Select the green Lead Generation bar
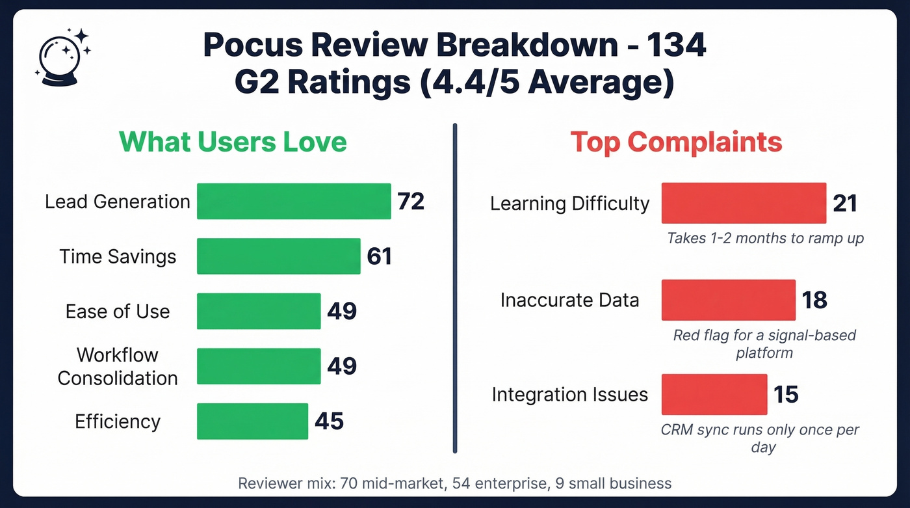point(293,202)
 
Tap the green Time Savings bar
point(278,256)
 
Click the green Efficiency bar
point(252,421)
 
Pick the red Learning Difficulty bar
point(744,204)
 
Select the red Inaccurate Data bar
point(728,300)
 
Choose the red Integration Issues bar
point(714,394)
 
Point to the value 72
point(411,202)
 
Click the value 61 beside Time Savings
point(379,256)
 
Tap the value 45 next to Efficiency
point(329,421)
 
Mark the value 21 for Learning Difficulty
point(844,204)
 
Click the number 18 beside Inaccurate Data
point(814,300)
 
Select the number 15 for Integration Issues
point(786,394)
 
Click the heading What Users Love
point(233,142)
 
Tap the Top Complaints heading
point(676,142)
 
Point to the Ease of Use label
point(118,312)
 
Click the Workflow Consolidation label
point(118,367)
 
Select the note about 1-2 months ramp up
point(765,238)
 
